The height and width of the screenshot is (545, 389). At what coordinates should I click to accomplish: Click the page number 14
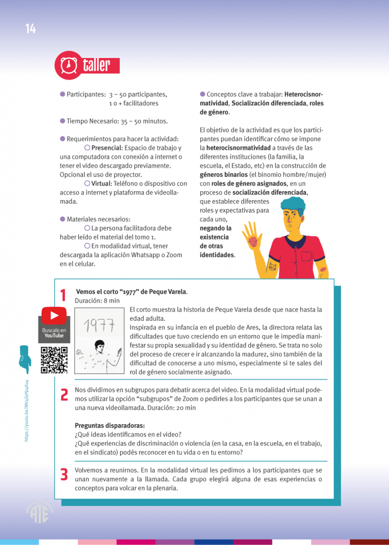30,29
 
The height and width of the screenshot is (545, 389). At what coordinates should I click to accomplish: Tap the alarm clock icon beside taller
68,65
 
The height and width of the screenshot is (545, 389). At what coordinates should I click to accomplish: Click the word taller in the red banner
96,65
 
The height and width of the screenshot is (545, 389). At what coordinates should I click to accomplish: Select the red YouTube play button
54,316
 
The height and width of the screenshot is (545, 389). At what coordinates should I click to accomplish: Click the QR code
54,360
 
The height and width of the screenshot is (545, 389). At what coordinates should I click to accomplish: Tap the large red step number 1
63,296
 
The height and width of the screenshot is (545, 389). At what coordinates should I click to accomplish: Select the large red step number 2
64,394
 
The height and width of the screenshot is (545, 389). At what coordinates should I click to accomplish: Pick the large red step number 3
64,474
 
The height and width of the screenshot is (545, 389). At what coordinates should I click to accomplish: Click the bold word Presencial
107,147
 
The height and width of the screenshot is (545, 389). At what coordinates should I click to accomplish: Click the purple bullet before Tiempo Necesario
62,121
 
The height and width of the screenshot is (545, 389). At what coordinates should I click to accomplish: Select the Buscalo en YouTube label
54,333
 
